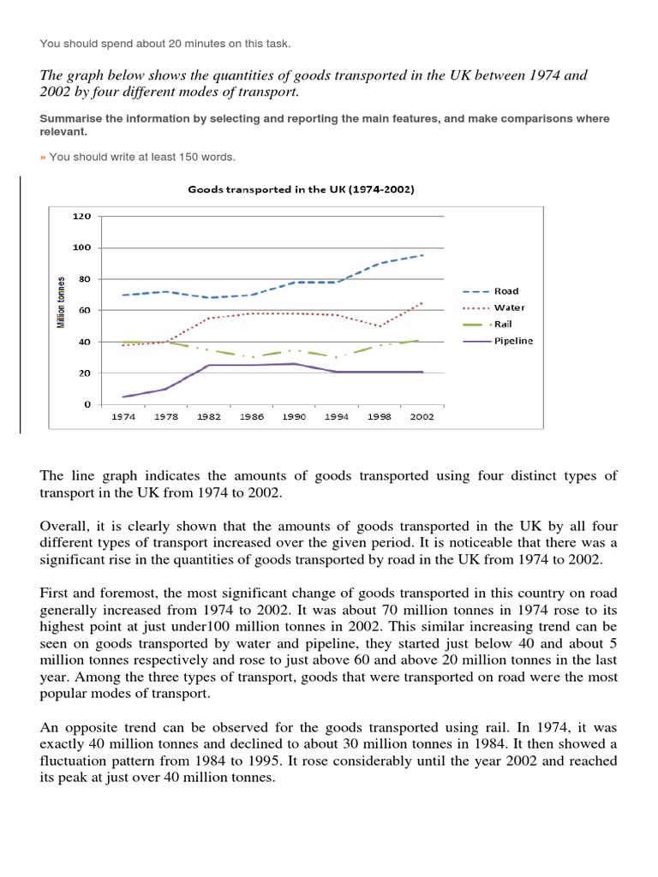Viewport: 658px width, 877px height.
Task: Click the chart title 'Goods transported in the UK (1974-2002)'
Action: point(301,189)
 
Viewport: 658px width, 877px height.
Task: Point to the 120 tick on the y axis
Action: point(81,217)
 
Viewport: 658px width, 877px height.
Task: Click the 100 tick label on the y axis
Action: point(81,248)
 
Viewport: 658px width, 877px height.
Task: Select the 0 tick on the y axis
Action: point(87,404)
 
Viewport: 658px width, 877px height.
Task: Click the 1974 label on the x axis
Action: point(124,416)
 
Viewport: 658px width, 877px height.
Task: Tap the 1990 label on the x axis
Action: point(295,416)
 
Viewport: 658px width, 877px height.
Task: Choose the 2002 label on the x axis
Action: point(422,416)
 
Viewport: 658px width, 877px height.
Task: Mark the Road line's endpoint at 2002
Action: point(422,254)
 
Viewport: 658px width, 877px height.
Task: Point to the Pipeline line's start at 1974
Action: point(124,397)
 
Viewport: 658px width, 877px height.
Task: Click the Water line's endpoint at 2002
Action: point(422,301)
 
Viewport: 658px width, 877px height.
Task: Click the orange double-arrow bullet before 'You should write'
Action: point(43,157)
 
